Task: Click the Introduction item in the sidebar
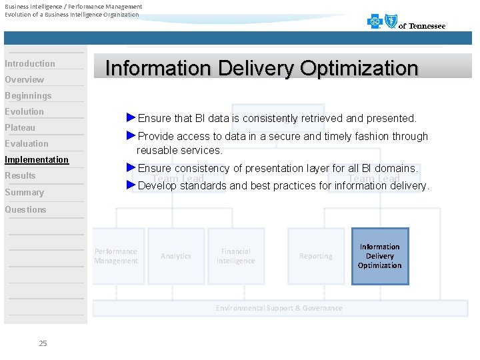[30, 63]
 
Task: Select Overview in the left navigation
[25, 79]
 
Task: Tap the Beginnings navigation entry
[28, 95]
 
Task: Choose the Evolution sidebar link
[25, 111]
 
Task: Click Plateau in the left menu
[20, 127]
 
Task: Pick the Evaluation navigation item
[27, 143]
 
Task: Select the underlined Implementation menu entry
[37, 159]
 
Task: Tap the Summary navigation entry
[24, 192]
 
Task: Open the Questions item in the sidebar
[25, 209]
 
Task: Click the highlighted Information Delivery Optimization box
[380, 256]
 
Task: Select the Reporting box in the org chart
[316, 256]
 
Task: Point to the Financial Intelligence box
[236, 256]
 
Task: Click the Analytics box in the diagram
[176, 256]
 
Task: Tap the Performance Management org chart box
[116, 256]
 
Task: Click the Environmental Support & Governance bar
[279, 308]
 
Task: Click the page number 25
[43, 343]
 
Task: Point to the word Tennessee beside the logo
[427, 26]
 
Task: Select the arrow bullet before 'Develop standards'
[131, 185]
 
